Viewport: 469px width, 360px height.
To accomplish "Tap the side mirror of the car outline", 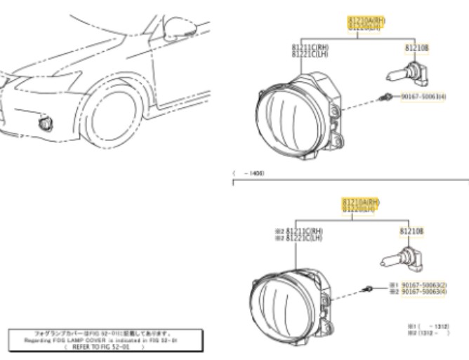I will tap(171, 28).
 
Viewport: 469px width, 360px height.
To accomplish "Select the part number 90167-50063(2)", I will tap(423, 285).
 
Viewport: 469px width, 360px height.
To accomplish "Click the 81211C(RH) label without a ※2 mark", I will tap(311, 48).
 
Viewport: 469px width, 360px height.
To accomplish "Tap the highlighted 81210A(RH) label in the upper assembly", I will tap(366, 22).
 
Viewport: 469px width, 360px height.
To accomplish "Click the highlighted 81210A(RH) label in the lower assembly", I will tap(361, 202).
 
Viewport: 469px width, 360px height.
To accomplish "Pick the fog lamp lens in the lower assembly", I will tap(278, 302).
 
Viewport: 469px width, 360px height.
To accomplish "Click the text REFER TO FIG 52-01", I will tap(105, 346).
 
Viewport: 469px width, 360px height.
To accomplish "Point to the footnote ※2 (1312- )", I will tap(426, 333).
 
